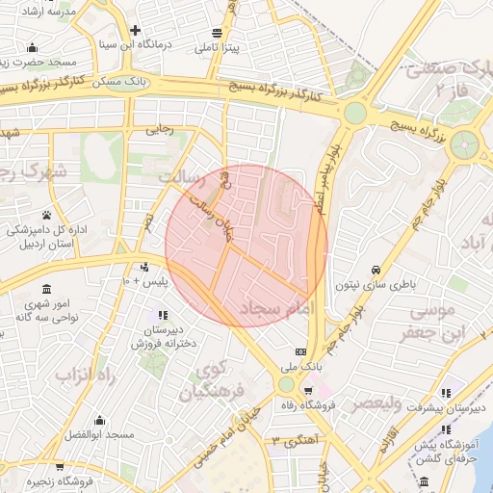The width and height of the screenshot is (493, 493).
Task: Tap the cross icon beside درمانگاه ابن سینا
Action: (x=135, y=30)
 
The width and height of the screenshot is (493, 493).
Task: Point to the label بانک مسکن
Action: (x=121, y=83)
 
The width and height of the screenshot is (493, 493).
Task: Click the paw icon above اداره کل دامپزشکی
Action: (x=46, y=215)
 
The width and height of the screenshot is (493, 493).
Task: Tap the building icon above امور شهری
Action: (x=46, y=289)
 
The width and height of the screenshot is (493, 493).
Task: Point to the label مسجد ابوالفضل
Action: (x=88, y=435)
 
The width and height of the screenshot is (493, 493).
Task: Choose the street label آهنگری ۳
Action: (x=294, y=440)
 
